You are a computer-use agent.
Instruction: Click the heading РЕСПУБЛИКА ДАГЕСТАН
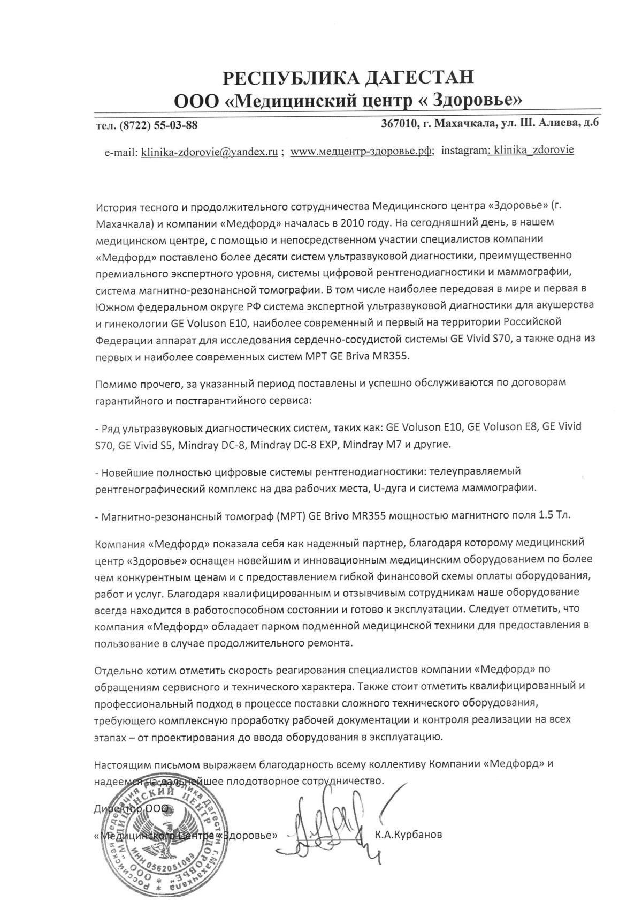pos(348,78)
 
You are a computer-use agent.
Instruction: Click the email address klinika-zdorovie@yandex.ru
pos(209,152)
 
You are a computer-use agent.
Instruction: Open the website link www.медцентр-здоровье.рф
pos(362,152)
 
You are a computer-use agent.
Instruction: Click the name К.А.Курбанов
pos(409,835)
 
